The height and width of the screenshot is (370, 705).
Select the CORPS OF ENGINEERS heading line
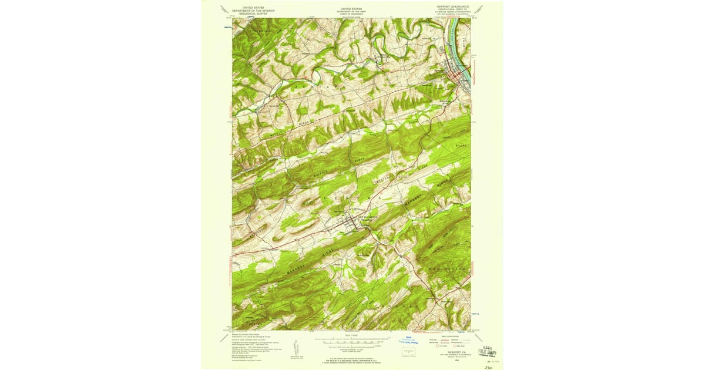point(351,13)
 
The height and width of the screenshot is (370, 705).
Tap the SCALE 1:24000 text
point(351,335)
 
